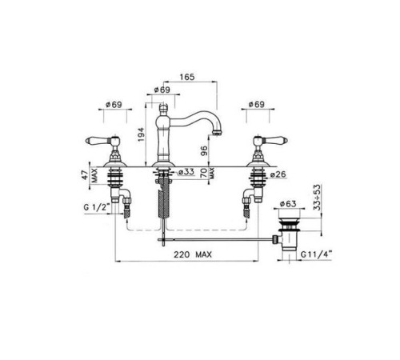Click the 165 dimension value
coord(187,77)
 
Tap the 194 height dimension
coord(141,134)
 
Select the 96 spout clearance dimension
coord(203,151)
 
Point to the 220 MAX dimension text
coord(193,254)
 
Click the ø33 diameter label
coord(186,172)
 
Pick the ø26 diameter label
coord(278,174)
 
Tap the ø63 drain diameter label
coord(288,204)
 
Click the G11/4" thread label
coord(316,254)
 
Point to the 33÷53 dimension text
coord(318,197)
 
